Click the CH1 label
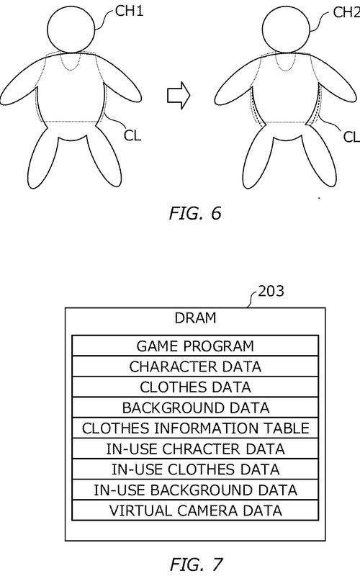point(130,11)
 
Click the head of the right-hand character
point(287,30)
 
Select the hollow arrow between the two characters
point(179,96)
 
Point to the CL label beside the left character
point(132,135)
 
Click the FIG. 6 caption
point(195,213)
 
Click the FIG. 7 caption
point(196,564)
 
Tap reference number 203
point(271,291)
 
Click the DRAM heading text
point(195,318)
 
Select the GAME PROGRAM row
point(195,346)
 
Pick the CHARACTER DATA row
point(195,366)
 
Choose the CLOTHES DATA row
point(195,387)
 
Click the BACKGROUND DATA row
point(195,407)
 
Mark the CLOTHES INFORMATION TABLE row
point(195,428)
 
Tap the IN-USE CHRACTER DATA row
point(195,448)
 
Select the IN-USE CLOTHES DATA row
point(195,469)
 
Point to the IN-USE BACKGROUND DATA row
point(195,490)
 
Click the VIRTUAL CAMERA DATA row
point(195,510)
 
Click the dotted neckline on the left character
point(71,70)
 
